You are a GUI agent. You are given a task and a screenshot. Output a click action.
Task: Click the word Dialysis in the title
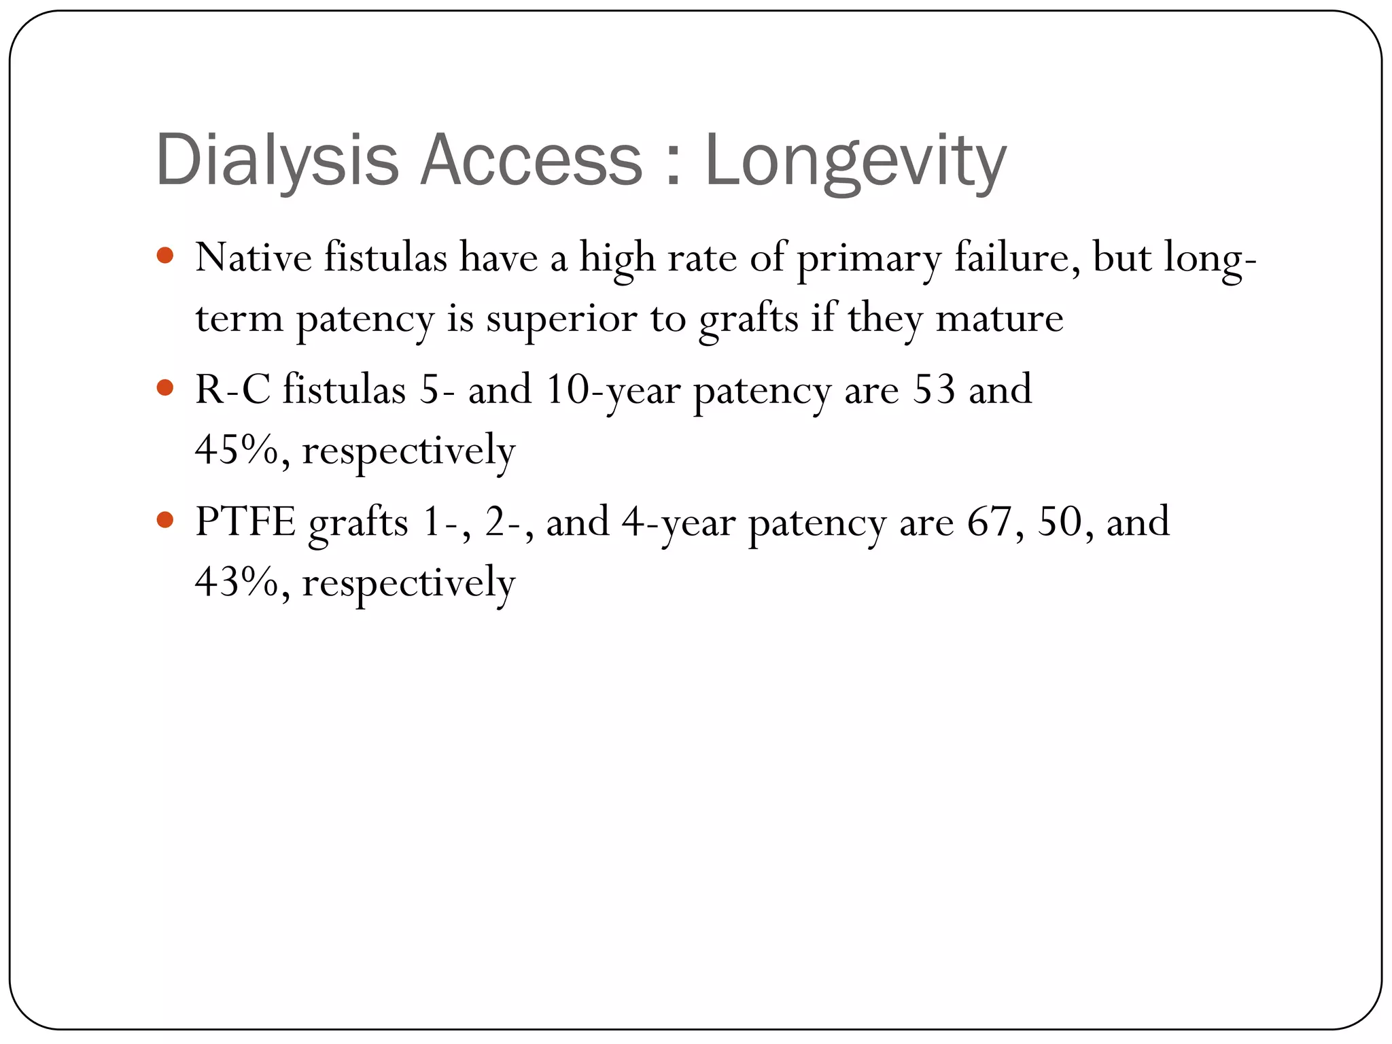pyautogui.click(x=277, y=160)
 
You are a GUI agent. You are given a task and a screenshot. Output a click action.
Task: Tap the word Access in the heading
pyautogui.click(x=531, y=160)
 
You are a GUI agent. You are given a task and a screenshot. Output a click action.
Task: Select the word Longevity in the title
pyautogui.click(x=855, y=160)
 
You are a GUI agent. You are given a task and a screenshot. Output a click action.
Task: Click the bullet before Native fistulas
pyautogui.click(x=165, y=256)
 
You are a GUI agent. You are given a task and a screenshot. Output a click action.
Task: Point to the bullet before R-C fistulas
pyautogui.click(x=165, y=388)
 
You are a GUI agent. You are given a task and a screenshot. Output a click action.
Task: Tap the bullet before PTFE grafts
pyautogui.click(x=165, y=520)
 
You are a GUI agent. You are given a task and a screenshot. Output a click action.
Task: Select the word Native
pyautogui.click(x=253, y=258)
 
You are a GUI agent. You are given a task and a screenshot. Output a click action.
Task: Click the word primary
pyautogui.click(x=869, y=259)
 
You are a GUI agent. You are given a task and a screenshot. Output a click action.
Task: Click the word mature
pyautogui.click(x=999, y=318)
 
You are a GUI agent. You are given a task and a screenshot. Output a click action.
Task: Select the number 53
pyautogui.click(x=933, y=389)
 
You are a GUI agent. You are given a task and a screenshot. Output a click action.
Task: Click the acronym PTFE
pyautogui.click(x=245, y=522)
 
